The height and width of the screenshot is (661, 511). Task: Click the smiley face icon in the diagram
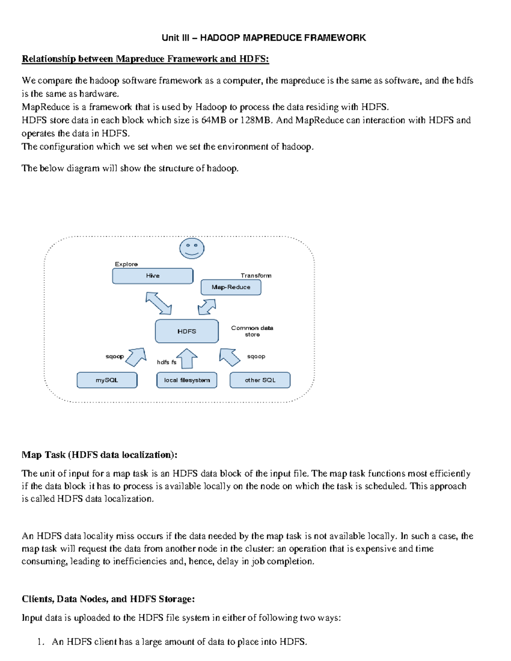[192, 249]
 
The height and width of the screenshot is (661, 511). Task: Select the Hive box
[152, 276]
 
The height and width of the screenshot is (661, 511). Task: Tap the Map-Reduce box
[231, 287]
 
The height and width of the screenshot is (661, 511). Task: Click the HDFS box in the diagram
[187, 331]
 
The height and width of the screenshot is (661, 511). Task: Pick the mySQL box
[107, 380]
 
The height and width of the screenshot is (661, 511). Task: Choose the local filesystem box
[187, 380]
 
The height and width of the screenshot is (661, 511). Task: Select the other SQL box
[260, 380]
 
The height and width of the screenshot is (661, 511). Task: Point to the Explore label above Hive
[126, 264]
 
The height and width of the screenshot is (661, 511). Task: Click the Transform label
[256, 276]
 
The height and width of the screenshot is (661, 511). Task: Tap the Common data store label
[252, 331]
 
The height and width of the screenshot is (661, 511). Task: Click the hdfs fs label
[167, 362]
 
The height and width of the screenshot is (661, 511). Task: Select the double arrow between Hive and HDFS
[158, 303]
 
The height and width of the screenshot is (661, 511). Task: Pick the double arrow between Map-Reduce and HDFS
[207, 306]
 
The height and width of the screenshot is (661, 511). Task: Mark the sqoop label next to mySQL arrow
[115, 356]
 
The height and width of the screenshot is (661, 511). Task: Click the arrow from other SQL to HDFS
[230, 357]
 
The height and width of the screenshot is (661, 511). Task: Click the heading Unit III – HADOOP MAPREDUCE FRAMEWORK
[264, 38]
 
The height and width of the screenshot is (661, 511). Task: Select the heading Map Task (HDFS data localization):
[99, 455]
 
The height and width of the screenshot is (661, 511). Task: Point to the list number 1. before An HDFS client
[40, 642]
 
